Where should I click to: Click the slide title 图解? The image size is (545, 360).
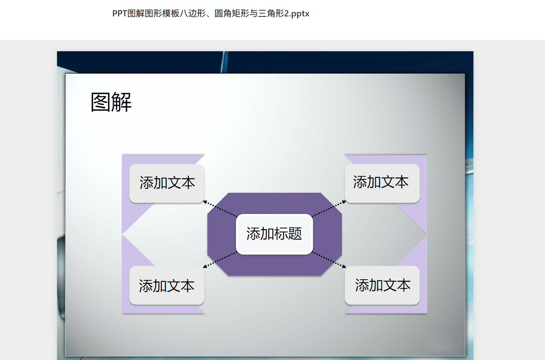click(x=111, y=102)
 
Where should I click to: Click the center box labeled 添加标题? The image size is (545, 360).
click(x=274, y=234)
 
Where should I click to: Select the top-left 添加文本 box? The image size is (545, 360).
click(x=167, y=183)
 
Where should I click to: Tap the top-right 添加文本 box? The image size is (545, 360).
click(x=382, y=183)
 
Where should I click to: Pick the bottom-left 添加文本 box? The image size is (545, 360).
click(x=167, y=285)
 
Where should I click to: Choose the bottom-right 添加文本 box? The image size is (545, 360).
click(x=382, y=285)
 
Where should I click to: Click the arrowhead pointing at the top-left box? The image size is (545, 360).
click(x=205, y=202)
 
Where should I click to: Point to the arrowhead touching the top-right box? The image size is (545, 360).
click(x=344, y=202)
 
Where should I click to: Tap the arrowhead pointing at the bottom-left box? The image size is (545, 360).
click(x=205, y=267)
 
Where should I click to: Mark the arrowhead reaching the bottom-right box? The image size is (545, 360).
click(x=344, y=267)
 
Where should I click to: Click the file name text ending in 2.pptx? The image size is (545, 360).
click(x=211, y=13)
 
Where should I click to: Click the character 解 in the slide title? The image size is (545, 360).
click(x=122, y=102)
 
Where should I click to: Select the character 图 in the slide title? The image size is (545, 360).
click(x=101, y=102)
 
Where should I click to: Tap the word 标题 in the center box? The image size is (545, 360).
click(x=288, y=233)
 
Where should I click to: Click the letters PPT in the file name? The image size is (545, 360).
click(x=120, y=13)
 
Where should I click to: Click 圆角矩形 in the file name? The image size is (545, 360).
click(x=232, y=13)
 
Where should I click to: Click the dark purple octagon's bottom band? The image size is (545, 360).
click(x=274, y=265)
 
